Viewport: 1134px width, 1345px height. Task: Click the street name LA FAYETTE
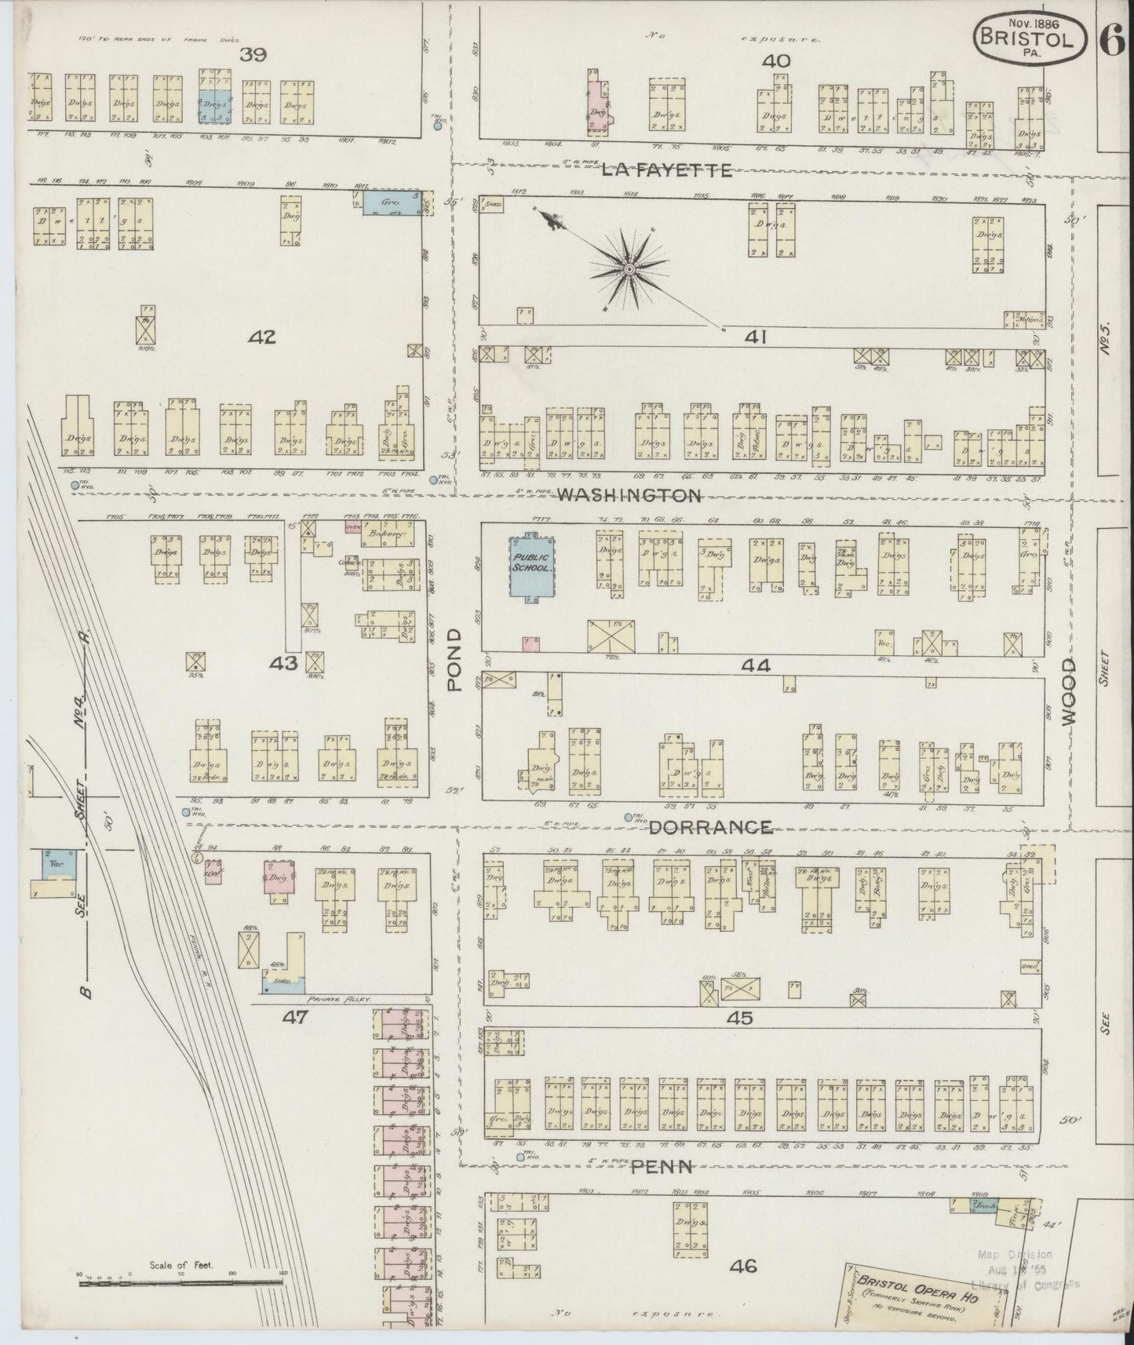point(667,169)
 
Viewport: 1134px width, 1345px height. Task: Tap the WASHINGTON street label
point(629,495)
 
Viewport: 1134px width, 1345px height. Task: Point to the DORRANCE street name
point(710,827)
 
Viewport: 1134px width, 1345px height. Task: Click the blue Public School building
point(531,567)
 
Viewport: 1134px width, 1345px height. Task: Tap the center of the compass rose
point(629,269)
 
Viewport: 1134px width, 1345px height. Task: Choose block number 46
point(742,1265)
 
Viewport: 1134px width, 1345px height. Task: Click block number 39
point(253,55)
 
